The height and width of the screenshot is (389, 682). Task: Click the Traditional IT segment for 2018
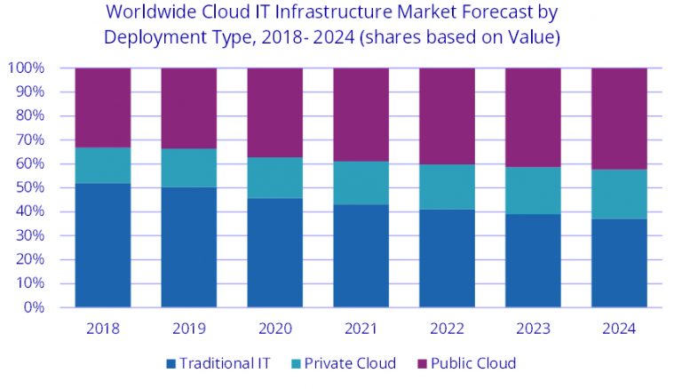pyautogui.click(x=103, y=245)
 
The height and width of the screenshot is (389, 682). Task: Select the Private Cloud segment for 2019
pyautogui.click(x=188, y=168)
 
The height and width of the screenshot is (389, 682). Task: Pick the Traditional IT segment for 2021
pyautogui.click(x=361, y=256)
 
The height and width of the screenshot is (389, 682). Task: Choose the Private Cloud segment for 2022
pyautogui.click(x=447, y=187)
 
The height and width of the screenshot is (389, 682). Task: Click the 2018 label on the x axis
pyautogui.click(x=103, y=328)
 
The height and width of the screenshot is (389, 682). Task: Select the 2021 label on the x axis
pyautogui.click(x=361, y=328)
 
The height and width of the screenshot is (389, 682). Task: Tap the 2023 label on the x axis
pyautogui.click(x=533, y=328)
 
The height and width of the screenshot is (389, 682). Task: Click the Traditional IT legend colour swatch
pyautogui.click(x=170, y=363)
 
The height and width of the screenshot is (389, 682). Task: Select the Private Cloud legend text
pyautogui.click(x=349, y=363)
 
